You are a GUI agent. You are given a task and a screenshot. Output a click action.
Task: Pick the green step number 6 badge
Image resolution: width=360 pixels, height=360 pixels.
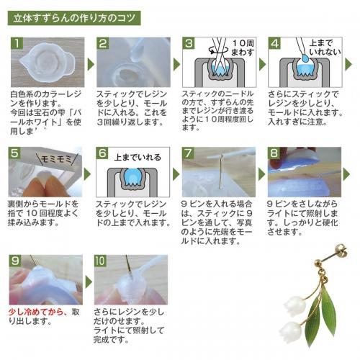click(103, 153)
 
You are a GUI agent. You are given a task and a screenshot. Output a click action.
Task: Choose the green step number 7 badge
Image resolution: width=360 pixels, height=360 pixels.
click(189, 153)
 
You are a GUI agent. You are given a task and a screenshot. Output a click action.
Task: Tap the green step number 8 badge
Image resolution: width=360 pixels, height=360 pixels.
click(276, 153)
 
